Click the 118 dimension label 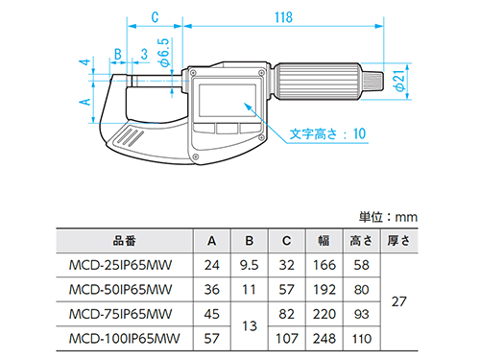pyautogui.click(x=284, y=17)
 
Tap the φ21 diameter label pyautogui.click(x=399, y=81)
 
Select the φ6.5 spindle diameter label pyautogui.click(x=163, y=53)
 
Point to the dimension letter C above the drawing pyautogui.click(x=155, y=17)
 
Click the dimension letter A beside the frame pyautogui.click(x=85, y=102)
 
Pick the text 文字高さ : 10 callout pyautogui.click(x=327, y=133)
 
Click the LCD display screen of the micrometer pyautogui.click(x=228, y=101)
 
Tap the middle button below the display pyautogui.click(x=227, y=129)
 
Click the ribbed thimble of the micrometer pyautogui.click(x=319, y=82)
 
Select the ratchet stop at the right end pyautogui.click(x=372, y=81)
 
